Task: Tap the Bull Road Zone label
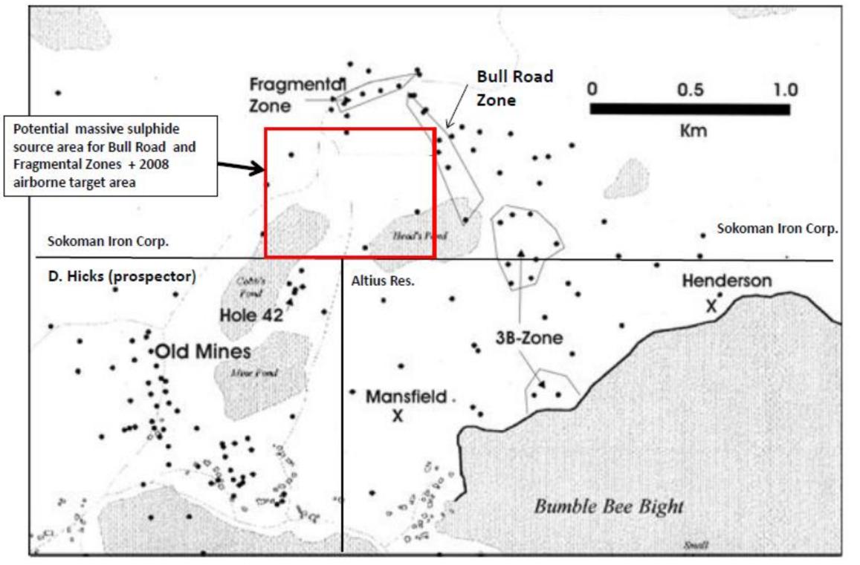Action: click(x=514, y=88)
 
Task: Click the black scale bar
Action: click(x=690, y=109)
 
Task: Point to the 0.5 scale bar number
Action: click(x=691, y=90)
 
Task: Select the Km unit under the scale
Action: click(x=692, y=131)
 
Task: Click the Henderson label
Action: click(x=727, y=281)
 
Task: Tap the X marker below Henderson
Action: click(x=711, y=305)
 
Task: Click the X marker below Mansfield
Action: click(x=398, y=417)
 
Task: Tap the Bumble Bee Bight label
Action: click(x=608, y=508)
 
